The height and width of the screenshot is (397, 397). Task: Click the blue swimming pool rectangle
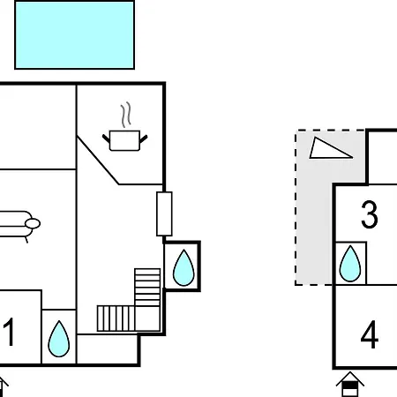coord(74,35)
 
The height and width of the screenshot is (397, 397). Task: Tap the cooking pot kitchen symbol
coord(124,140)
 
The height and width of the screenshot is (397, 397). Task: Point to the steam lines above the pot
coord(126,115)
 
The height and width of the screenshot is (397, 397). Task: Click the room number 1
coord(9,332)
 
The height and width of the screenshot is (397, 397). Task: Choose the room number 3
coord(370,214)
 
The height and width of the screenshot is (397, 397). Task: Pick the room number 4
coord(370,334)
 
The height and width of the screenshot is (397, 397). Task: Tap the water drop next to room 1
coord(59,339)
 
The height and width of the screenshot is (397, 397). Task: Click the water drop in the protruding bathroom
coord(184,267)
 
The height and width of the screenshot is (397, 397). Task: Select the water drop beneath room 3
coord(350,264)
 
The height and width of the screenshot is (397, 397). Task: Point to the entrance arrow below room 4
coord(350,384)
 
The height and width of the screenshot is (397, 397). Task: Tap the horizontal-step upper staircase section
coord(147,287)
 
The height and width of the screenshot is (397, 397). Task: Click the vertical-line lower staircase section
coord(116,318)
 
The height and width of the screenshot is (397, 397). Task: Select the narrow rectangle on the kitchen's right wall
coord(164,213)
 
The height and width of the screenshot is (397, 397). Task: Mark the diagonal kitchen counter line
coord(98,161)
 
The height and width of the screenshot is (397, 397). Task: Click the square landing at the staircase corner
coord(147,318)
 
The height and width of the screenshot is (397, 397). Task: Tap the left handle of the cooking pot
coord(106,139)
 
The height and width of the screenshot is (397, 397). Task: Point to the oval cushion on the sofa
coord(33,224)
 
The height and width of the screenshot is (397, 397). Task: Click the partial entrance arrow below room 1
coord(3,386)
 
